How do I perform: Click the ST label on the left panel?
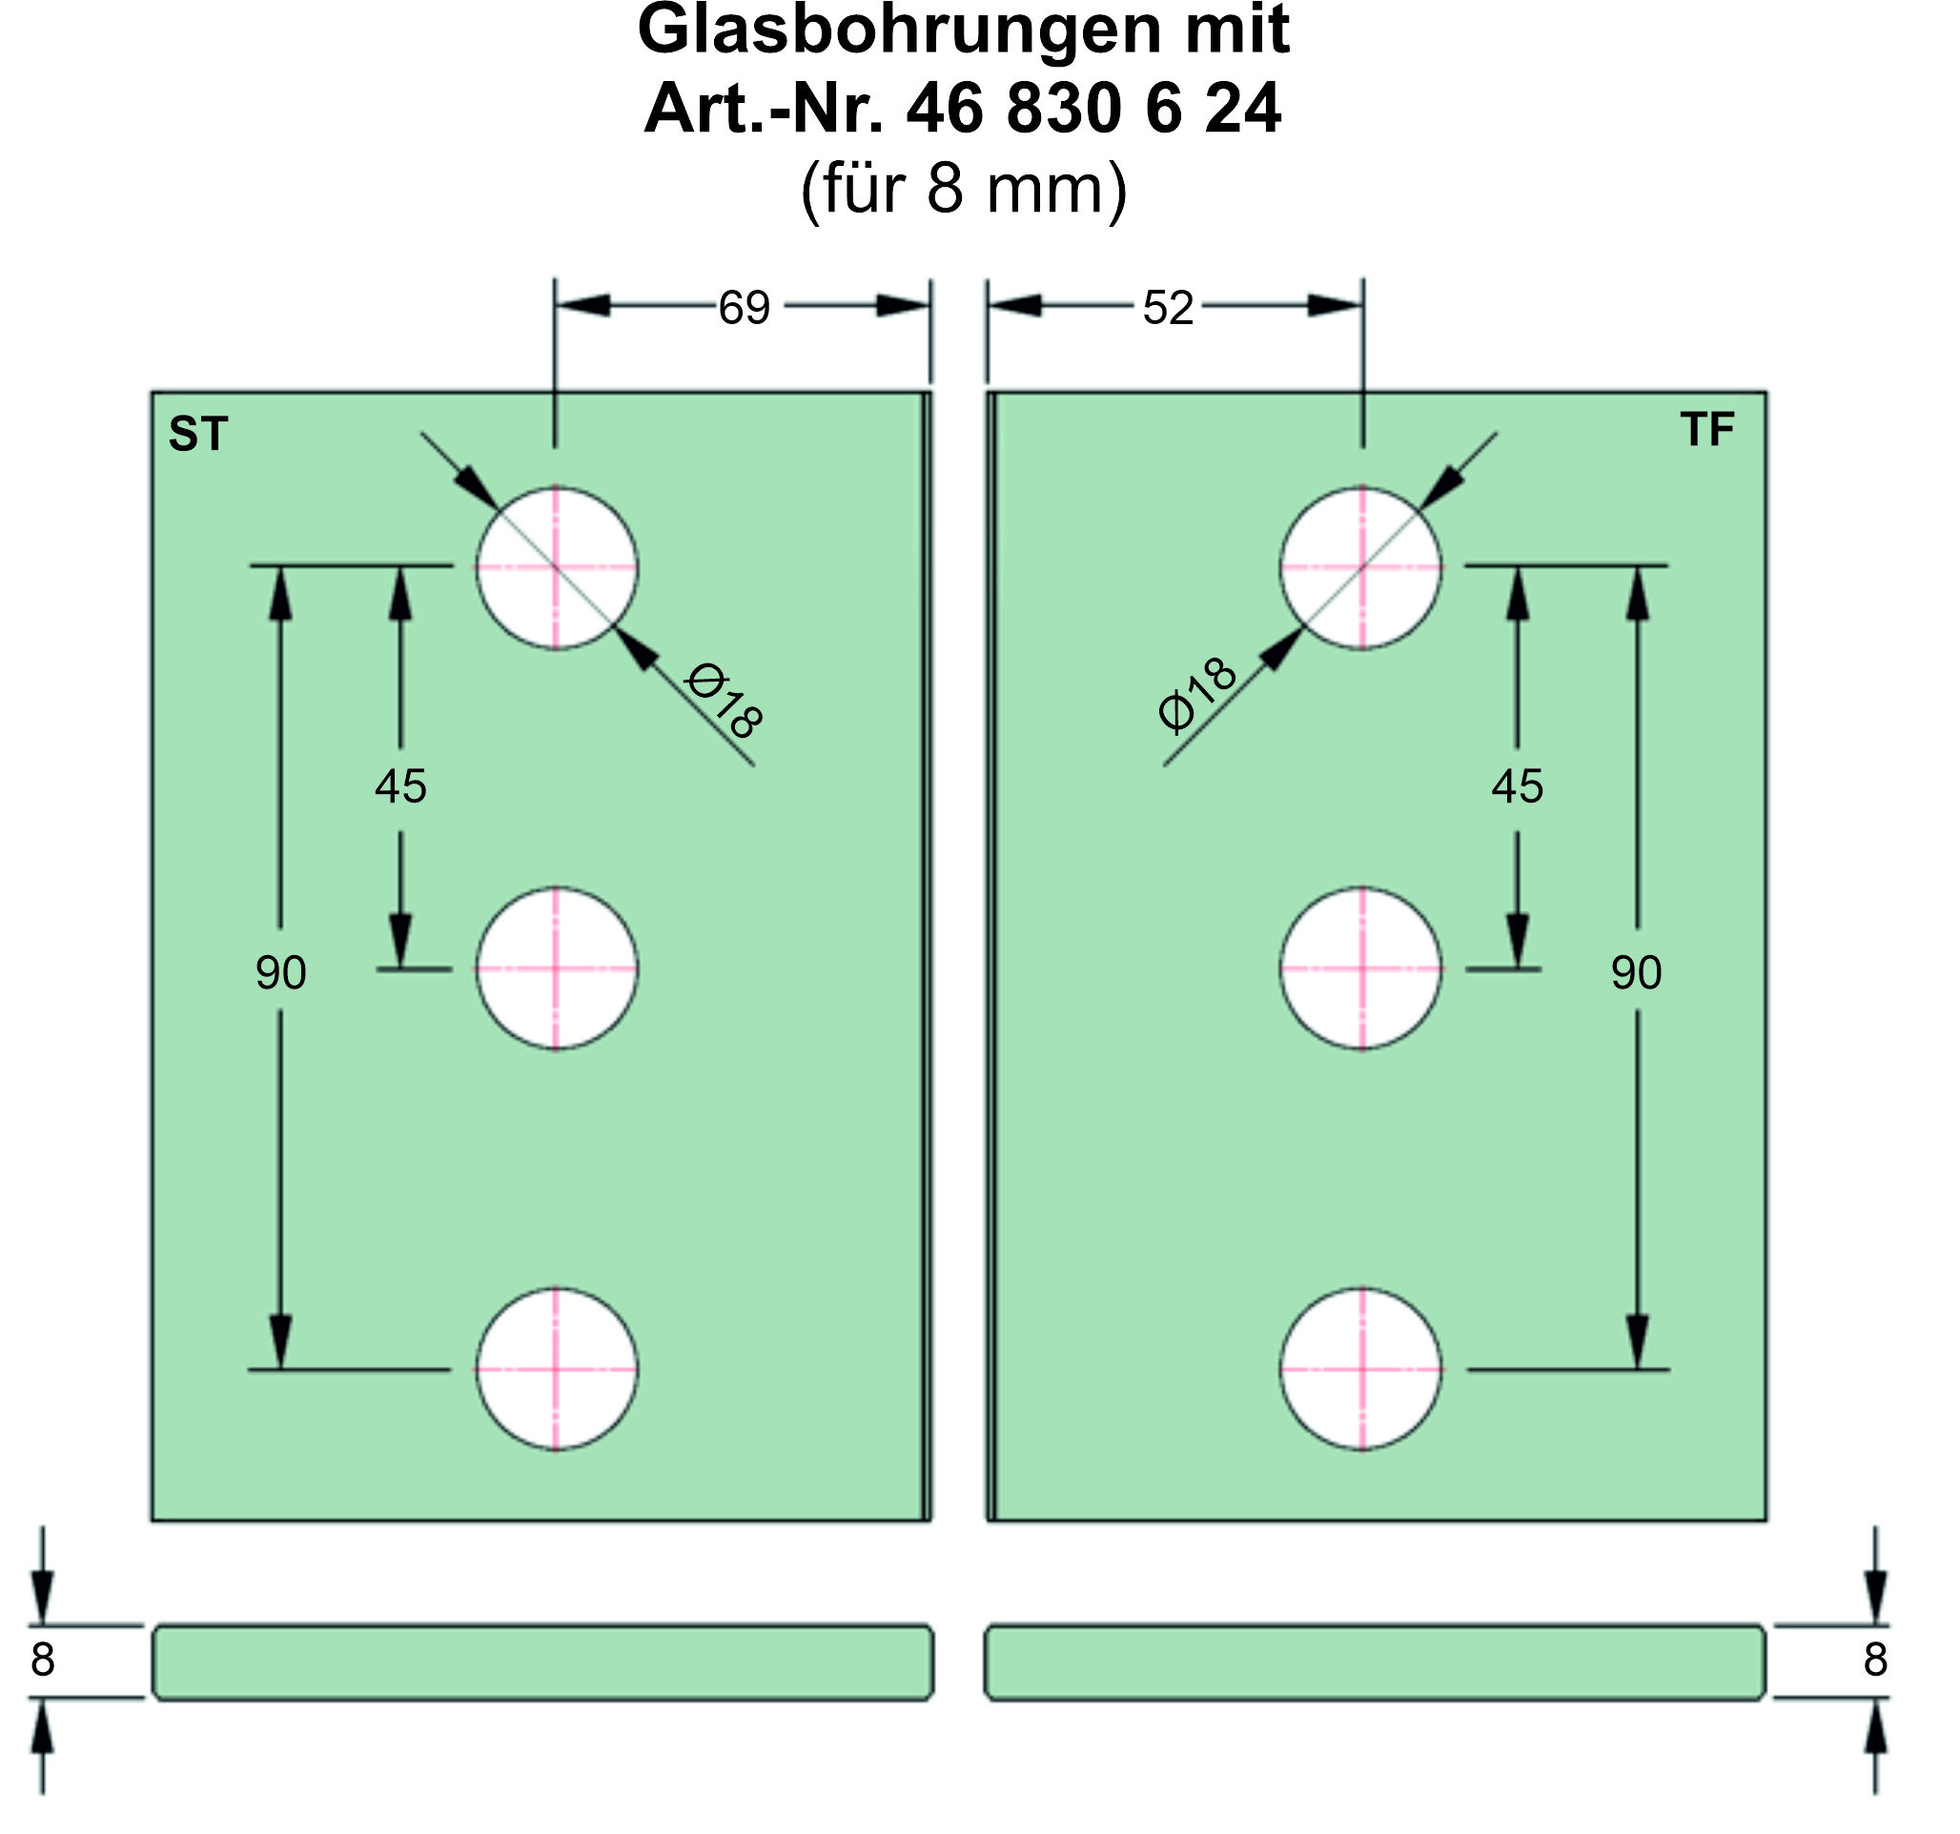198,434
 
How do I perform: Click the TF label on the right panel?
1706,429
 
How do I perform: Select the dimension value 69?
744,308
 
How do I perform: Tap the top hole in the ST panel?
556,568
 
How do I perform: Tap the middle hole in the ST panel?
556,968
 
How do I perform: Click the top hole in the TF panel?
1360,568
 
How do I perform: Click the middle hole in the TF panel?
1360,968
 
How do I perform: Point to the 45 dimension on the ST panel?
400,786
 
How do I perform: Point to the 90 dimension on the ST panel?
281,972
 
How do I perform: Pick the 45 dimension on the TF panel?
1517,786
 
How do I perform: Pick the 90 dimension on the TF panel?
1636,972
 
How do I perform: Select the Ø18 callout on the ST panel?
724,701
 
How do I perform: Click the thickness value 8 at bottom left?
42,1660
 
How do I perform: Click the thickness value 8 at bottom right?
1874,1660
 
